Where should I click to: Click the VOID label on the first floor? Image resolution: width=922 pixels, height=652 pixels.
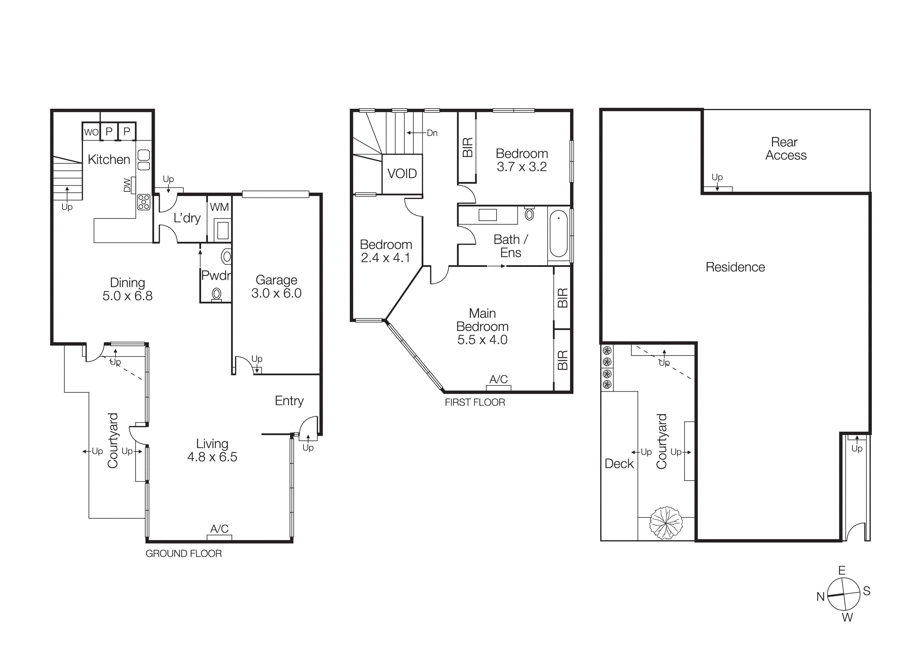402,174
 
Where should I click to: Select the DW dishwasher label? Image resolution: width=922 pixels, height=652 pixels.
127,185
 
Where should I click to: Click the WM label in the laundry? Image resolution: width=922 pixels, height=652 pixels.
219,207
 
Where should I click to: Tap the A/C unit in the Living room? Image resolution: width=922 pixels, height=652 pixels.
219,538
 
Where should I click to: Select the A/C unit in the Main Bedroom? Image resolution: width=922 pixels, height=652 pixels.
498,388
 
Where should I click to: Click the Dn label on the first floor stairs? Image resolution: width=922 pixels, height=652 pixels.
432,133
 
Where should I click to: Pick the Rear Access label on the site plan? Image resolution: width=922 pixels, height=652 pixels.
786,149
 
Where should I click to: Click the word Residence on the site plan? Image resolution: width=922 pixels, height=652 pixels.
735,267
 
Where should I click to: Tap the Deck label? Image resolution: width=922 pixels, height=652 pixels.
619,464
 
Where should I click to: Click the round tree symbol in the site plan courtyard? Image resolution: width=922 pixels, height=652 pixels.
666,523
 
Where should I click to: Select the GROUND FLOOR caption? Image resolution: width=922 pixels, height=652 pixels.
183,554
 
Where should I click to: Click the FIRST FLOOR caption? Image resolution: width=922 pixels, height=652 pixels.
475,402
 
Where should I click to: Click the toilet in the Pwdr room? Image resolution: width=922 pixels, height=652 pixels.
217,294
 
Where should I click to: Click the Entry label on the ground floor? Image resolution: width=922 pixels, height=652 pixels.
289,401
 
